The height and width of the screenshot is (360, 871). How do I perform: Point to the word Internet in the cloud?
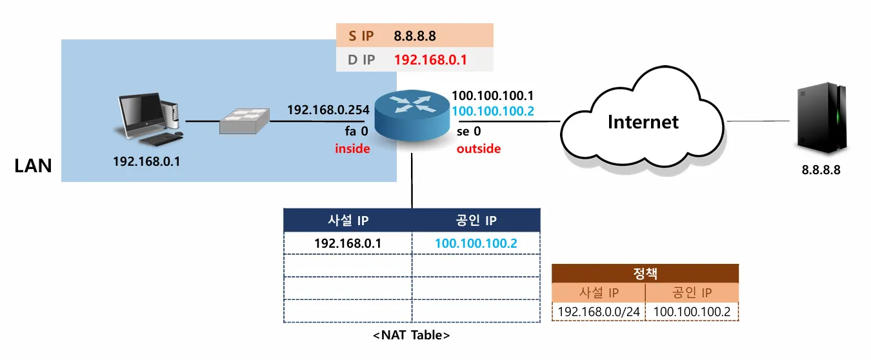pos(643,121)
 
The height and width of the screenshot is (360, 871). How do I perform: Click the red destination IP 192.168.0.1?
pos(430,61)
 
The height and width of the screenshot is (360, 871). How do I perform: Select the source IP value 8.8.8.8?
pos(415,36)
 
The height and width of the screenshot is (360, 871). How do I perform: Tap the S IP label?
pos(361,36)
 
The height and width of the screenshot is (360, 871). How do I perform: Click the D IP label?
pos(361,61)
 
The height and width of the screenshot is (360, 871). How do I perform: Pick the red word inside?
pos(352,148)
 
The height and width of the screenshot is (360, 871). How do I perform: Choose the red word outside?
pos(479,148)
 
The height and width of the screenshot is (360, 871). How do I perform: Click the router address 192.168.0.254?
pos(328,110)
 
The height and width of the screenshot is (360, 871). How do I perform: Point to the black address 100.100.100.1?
pos(493,96)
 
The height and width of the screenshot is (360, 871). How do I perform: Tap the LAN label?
pos(33,166)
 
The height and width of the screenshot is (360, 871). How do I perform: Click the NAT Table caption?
pos(412,335)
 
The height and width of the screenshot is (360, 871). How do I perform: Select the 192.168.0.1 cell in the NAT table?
pos(348,243)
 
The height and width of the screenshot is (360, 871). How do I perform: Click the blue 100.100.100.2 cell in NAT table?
pos(476,243)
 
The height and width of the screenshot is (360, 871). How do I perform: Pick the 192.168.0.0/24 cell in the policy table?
pos(599,312)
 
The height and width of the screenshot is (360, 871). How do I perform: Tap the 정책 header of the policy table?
pos(645,274)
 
